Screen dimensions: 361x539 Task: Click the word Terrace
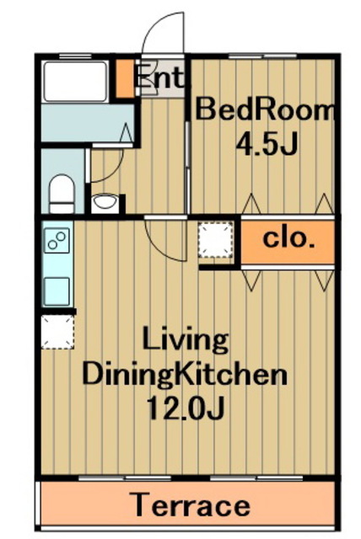(191, 505)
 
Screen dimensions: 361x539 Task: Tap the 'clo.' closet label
(289, 238)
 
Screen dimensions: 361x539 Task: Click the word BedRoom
(265, 109)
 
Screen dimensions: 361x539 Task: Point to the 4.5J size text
(267, 144)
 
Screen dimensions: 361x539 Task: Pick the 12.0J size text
(186, 408)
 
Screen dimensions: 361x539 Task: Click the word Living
(186, 340)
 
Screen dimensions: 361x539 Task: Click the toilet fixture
(62, 195)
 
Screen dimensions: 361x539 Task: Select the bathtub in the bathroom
(75, 82)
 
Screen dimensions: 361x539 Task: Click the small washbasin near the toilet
(105, 201)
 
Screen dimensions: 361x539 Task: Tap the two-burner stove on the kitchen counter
(57, 240)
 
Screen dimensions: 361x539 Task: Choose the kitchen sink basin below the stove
(57, 291)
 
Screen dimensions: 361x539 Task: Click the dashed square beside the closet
(216, 239)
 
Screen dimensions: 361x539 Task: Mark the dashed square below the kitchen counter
(58, 333)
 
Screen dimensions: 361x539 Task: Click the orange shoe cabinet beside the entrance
(125, 78)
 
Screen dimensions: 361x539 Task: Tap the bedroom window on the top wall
(262, 56)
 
